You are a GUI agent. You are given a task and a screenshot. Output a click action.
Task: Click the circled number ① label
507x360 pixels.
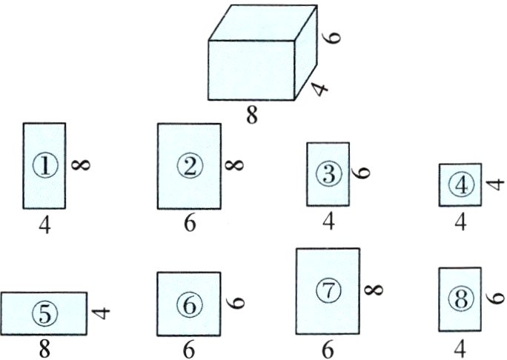click(x=44, y=166)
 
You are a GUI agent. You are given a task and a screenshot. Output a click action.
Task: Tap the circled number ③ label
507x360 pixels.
click(x=328, y=174)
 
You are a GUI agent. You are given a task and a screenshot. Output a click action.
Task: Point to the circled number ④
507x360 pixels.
click(x=460, y=184)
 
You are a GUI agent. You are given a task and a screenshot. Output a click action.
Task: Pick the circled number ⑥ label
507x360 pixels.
click(x=189, y=304)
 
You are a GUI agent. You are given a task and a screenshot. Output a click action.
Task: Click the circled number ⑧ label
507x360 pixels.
click(x=460, y=299)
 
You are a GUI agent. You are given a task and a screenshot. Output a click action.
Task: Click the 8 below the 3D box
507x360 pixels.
click(x=252, y=116)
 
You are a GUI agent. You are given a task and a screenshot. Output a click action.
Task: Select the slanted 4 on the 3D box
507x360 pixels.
click(x=319, y=89)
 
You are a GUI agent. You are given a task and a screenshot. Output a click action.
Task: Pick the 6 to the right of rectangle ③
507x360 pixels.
click(x=362, y=173)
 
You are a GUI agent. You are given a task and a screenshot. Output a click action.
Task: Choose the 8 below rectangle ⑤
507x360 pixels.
click(x=44, y=349)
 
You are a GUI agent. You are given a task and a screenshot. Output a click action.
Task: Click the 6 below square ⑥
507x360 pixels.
click(x=189, y=349)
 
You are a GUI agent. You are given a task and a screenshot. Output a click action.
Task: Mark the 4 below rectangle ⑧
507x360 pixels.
click(x=460, y=347)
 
